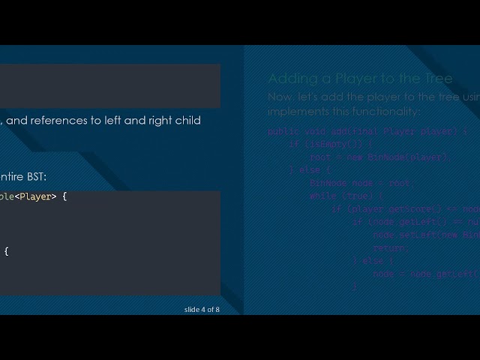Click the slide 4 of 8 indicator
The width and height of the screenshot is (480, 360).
(x=202, y=309)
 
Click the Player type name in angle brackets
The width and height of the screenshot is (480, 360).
(x=36, y=196)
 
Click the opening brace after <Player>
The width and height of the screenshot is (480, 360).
(x=64, y=196)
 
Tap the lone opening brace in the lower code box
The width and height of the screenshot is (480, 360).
(x=6, y=251)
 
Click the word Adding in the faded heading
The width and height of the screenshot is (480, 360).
(x=289, y=79)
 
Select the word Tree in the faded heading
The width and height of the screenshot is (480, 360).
(x=439, y=79)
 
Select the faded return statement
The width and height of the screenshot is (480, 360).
(x=390, y=247)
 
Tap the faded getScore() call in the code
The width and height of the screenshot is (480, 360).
(x=412, y=208)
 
